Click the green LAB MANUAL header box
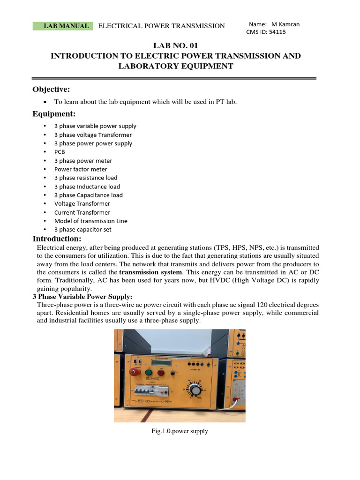(63, 26)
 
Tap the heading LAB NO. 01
(175, 45)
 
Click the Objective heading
(51, 90)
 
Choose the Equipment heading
(53, 114)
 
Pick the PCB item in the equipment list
(60, 152)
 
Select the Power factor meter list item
(81, 169)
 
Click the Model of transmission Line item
(90, 221)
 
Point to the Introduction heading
(57, 239)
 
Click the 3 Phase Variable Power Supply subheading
(82, 297)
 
